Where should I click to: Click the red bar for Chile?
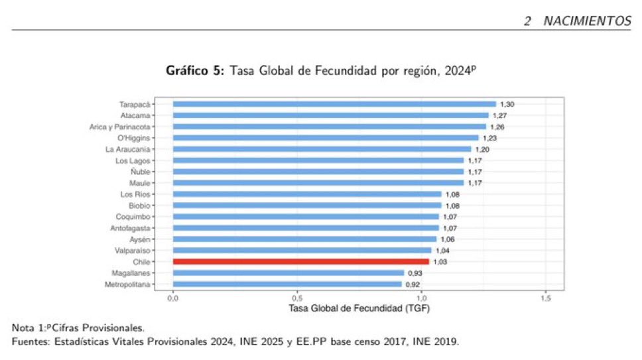coord(300,262)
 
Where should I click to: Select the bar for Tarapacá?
coord(334,104)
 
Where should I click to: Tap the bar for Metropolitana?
coord(287,284)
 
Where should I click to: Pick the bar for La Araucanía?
coord(322,149)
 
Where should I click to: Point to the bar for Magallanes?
coord(289,273)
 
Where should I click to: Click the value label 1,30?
coord(507,104)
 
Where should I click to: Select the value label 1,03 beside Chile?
coord(440,262)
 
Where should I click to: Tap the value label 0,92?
coord(413,284)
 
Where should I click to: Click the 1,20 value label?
coord(482,149)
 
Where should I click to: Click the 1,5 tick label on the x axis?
coord(546,299)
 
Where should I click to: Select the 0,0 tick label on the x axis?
coord(173,299)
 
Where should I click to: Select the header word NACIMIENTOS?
coord(587,21)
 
